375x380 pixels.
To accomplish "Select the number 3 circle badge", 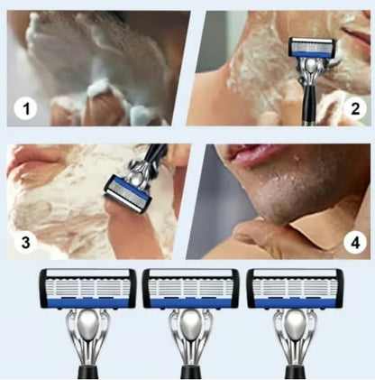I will [26, 241].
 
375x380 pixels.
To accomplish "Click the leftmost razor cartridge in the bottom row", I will [87, 288].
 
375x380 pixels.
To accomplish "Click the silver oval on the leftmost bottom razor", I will [87, 326].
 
